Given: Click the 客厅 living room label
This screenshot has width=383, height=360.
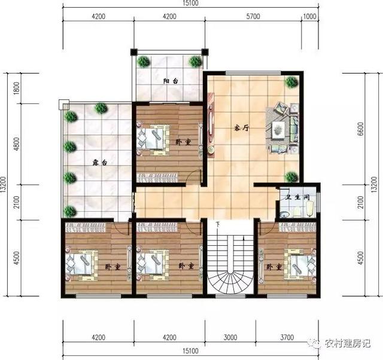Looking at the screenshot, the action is (x=242, y=128).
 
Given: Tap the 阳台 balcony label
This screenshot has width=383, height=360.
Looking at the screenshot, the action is (x=171, y=81).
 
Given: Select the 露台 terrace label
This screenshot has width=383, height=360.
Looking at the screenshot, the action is (x=100, y=163).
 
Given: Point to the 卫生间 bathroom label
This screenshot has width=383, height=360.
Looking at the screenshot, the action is (x=297, y=197).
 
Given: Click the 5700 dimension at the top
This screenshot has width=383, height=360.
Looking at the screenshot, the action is (x=253, y=16).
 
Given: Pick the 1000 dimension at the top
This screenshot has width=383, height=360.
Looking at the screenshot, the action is (x=309, y=16).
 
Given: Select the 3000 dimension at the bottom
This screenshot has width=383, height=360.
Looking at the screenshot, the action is (x=230, y=337).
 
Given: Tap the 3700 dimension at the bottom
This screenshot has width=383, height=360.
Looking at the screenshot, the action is (x=287, y=337).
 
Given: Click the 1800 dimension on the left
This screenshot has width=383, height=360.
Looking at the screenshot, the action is (x=16, y=89).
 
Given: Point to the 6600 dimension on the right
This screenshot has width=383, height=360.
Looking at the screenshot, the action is (x=360, y=129).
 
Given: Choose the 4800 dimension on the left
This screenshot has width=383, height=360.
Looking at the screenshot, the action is (x=16, y=144).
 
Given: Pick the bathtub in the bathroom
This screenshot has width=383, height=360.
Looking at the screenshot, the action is (x=309, y=209).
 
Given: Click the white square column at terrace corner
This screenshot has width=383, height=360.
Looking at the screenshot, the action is (x=64, y=104).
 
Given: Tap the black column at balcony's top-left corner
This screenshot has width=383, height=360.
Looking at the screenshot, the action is (x=133, y=52).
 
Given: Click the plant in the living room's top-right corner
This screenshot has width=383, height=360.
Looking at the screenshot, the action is (x=291, y=82).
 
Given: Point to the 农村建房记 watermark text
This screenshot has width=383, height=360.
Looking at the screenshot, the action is (x=348, y=343).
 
